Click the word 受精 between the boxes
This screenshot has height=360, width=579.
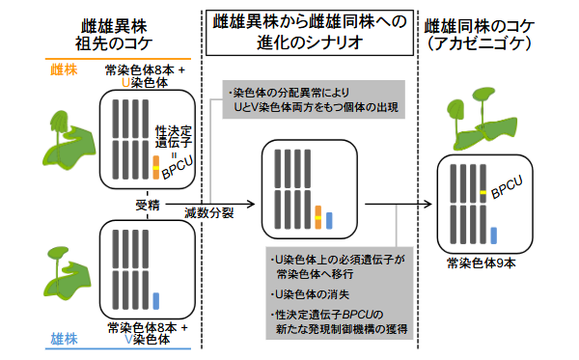click(148, 205)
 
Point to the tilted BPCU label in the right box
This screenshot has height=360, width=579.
click(508, 185)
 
